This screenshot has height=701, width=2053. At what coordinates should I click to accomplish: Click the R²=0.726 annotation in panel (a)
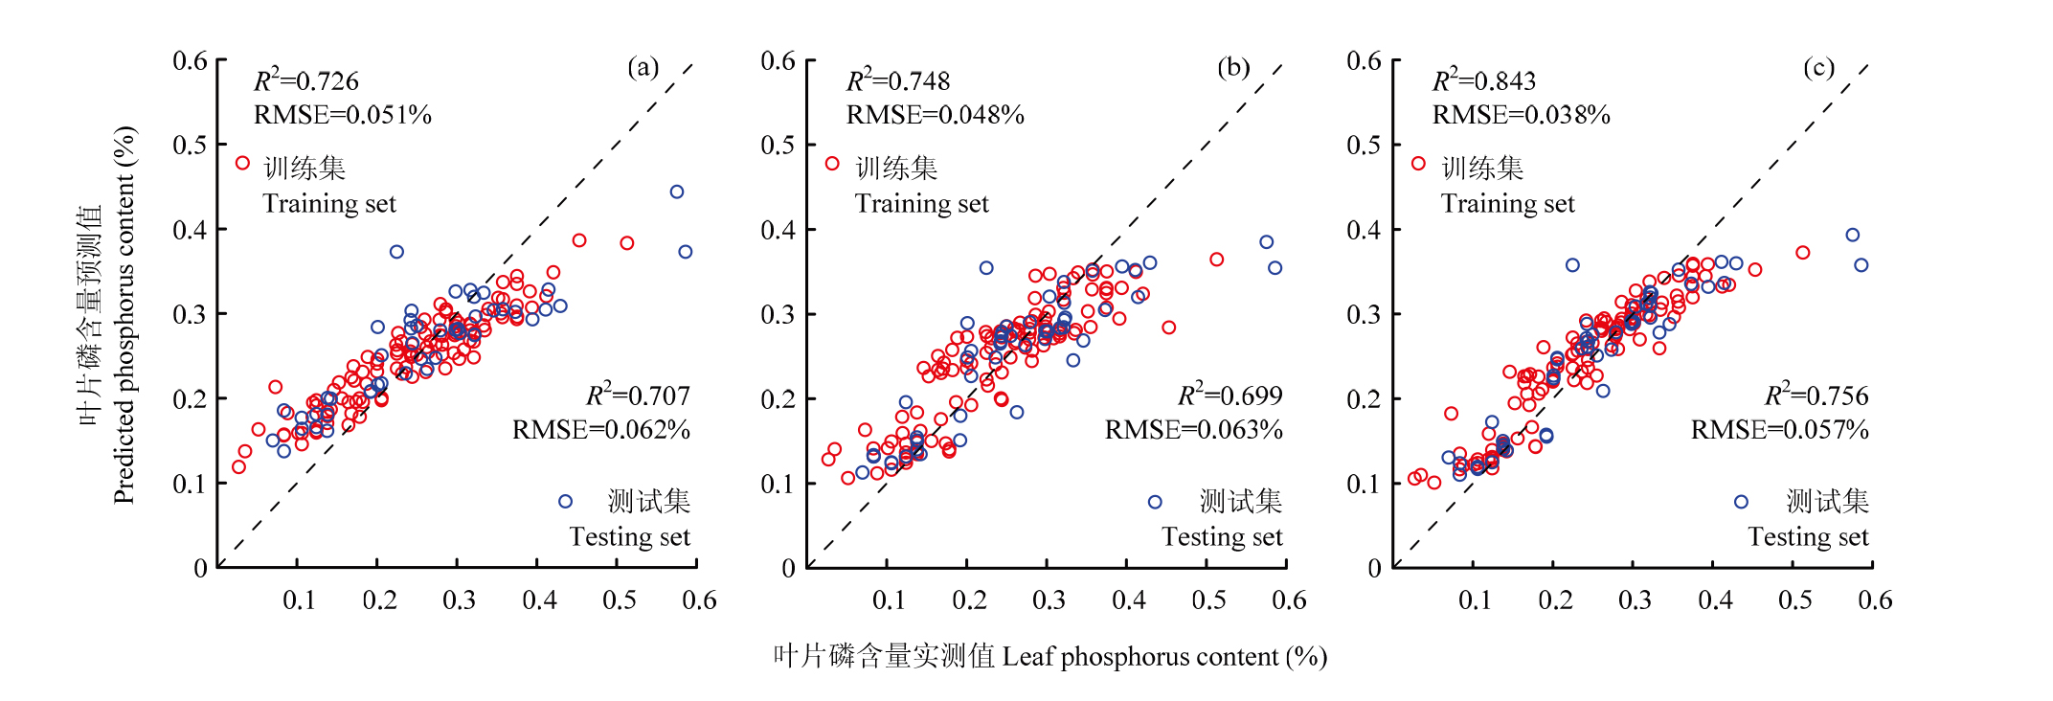coord(306,81)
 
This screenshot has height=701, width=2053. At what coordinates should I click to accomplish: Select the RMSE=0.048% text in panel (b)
coord(935,116)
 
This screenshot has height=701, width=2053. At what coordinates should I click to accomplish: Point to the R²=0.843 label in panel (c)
coord(1483,81)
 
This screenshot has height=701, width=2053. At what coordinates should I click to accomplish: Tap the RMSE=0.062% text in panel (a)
coord(600,430)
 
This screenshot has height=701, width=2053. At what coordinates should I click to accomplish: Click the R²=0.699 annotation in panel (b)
coord(1230,396)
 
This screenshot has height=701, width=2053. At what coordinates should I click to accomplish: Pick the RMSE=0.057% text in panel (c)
coord(1779,430)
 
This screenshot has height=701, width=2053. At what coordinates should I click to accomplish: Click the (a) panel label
coord(643,67)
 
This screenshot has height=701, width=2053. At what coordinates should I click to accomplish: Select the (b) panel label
coord(1233,67)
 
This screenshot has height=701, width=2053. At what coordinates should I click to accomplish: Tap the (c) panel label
coord(1818,67)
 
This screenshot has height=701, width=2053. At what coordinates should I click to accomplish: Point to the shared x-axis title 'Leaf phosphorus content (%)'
coord(1163,657)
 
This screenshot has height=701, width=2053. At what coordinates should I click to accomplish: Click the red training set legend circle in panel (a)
coord(243,164)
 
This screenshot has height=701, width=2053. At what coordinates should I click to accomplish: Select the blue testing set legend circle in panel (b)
coord(1155,502)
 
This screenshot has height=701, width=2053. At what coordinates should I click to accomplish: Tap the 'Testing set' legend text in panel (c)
coord(1808,537)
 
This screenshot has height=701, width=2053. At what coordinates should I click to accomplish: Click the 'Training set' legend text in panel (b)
coord(921,204)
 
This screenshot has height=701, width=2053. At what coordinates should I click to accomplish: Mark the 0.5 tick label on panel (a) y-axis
coord(190,146)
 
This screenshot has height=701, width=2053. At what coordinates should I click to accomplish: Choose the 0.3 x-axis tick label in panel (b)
coord(1049,600)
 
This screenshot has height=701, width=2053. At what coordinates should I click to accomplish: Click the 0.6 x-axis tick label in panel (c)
coord(1874,600)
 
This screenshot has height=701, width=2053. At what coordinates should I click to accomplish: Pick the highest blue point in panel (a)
coord(677,192)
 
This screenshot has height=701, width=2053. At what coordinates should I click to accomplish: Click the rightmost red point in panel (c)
coord(1803,253)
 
